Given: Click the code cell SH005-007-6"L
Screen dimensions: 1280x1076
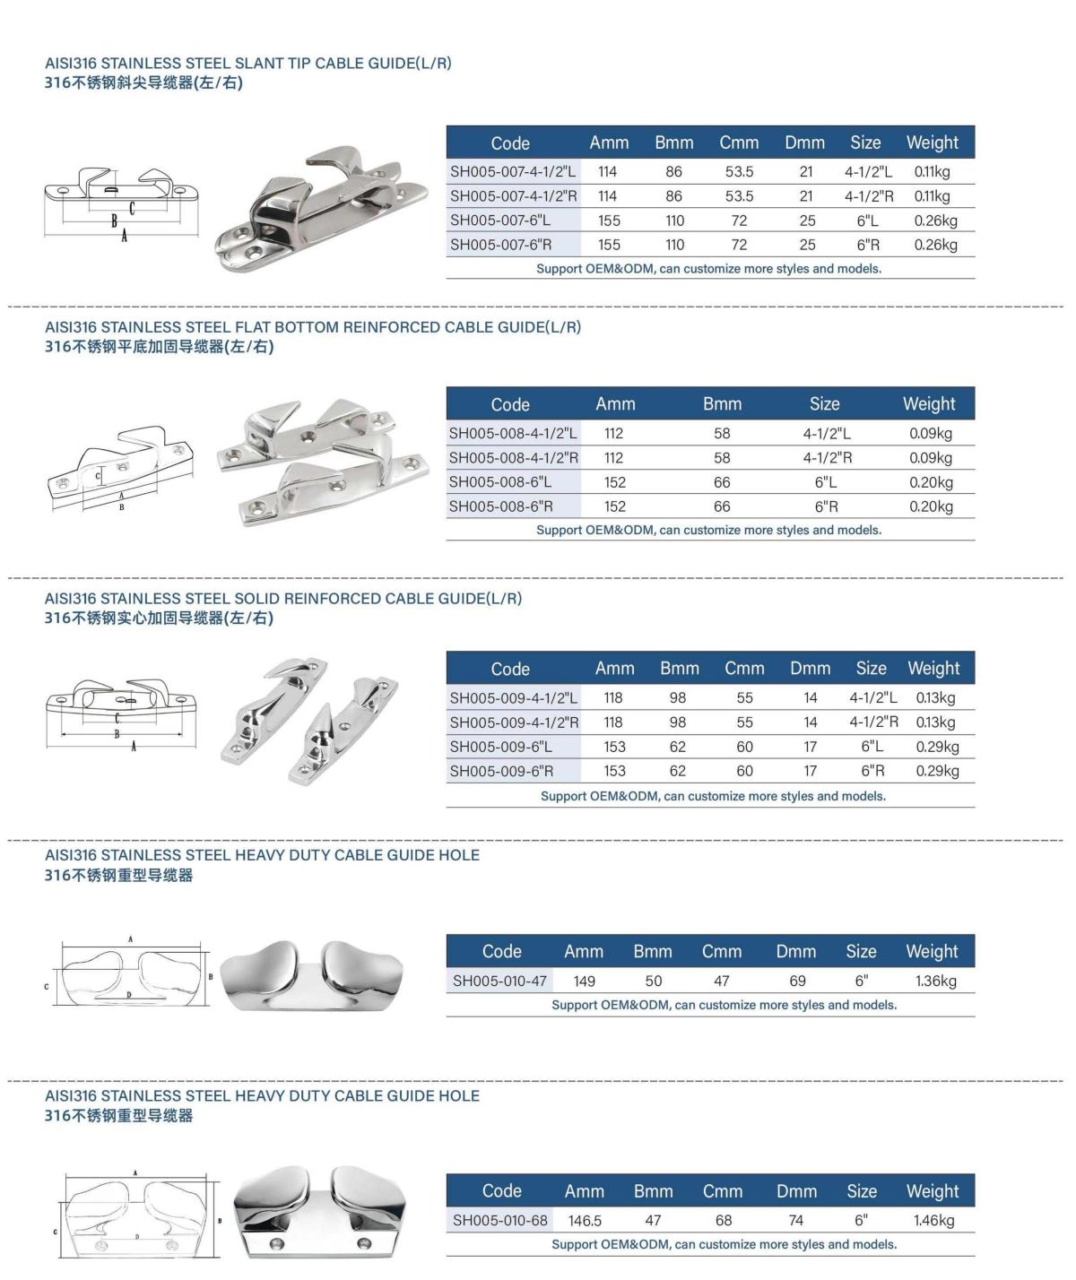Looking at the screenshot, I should (x=500, y=221).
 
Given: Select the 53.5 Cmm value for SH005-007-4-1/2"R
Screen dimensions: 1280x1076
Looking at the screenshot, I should (x=739, y=196).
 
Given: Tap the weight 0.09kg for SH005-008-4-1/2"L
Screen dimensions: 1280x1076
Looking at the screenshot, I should (x=930, y=434).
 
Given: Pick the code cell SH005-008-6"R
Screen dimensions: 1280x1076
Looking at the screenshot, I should (x=500, y=506).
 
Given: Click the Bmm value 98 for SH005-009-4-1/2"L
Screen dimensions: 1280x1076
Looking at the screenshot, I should (x=678, y=698).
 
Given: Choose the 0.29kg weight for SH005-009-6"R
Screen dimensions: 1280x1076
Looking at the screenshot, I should (x=937, y=771).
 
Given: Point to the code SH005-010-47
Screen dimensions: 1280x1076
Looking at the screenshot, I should (x=499, y=981).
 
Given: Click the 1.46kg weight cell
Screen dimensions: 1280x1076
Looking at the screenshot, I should (x=933, y=1220).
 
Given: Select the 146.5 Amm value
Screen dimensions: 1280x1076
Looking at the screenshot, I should (x=585, y=1220).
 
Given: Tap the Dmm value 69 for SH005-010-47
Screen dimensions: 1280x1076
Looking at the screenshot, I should (x=797, y=981).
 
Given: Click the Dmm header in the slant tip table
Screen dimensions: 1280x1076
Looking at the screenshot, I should (x=804, y=143).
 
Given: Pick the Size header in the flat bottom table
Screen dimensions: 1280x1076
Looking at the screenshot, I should (x=824, y=404).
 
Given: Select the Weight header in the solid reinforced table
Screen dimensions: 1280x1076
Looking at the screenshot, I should (x=933, y=669).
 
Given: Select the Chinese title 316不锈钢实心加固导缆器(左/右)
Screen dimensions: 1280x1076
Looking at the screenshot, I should (x=159, y=618).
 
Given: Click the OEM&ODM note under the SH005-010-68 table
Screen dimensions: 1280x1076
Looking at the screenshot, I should (x=724, y=1244).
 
